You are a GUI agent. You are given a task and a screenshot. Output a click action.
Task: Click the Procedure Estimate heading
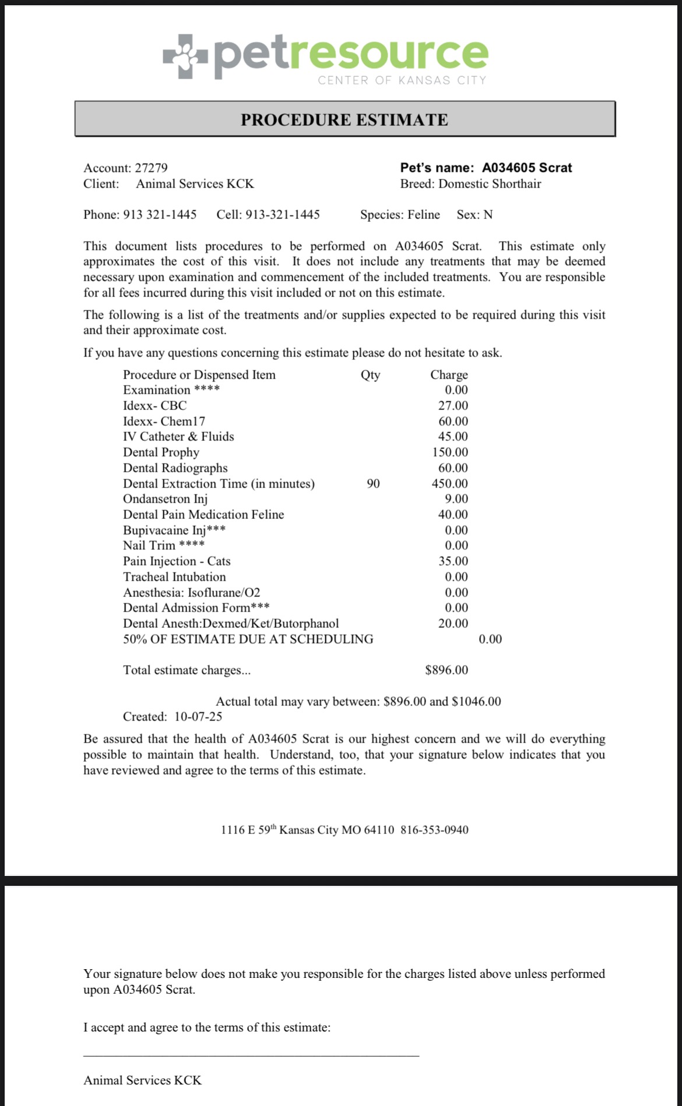tap(344, 119)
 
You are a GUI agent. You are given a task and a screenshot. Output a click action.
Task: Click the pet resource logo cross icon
tap(185, 56)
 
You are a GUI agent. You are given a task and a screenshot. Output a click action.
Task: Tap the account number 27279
tap(151, 168)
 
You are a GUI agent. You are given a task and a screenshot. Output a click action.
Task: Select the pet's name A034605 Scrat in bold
tap(527, 168)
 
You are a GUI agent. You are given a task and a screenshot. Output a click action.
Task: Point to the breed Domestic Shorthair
tap(490, 184)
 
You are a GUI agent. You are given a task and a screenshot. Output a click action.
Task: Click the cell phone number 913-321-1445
tap(283, 215)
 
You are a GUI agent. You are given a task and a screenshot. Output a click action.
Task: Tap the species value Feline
tap(424, 215)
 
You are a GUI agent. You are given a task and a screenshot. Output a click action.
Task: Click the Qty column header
tap(371, 374)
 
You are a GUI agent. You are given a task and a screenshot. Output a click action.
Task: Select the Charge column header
tap(449, 374)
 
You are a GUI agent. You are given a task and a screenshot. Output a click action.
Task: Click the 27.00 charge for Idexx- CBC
tap(453, 406)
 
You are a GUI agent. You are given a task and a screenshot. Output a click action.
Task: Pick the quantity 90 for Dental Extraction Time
tap(373, 483)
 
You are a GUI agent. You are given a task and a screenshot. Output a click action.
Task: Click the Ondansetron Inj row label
tap(165, 499)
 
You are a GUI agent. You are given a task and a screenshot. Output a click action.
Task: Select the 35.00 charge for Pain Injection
tap(453, 561)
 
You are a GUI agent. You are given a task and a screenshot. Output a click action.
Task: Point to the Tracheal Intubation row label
tap(174, 577)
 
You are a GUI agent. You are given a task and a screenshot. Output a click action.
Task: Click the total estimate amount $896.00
tap(447, 670)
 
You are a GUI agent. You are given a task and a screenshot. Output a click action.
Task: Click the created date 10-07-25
tap(198, 717)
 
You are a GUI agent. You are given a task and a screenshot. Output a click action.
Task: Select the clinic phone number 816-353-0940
tap(434, 830)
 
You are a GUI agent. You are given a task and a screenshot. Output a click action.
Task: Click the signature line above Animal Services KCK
tap(251, 1055)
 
